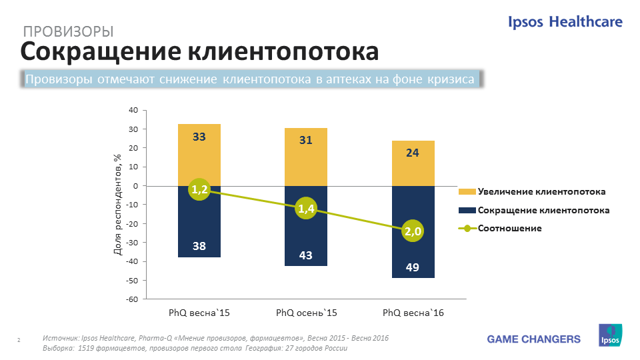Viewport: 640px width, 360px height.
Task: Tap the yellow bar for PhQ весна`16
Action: pos(413,163)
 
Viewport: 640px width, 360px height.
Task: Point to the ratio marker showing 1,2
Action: pos(199,190)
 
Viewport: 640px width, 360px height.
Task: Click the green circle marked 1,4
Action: pos(306,209)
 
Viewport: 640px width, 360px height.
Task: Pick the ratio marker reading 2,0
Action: pos(413,231)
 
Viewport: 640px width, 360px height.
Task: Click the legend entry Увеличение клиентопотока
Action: pos(541,192)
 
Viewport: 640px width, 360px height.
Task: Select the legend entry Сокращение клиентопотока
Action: pos(543,210)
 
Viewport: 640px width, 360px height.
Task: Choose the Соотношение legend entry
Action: pos(509,228)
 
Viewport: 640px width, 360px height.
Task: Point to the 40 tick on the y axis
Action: pos(133,110)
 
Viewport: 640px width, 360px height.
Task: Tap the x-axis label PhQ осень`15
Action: pos(306,313)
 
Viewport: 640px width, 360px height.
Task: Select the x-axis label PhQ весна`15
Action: pos(199,313)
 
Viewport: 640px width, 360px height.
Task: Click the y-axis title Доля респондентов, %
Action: pos(117,204)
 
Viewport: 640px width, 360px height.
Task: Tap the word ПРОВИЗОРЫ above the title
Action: pos(68,31)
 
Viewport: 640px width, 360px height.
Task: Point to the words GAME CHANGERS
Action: pos(533,339)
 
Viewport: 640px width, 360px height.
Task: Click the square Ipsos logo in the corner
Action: pos(610,335)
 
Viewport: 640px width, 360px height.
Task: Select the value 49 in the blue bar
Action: pos(413,268)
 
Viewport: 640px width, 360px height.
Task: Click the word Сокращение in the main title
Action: pos(98,52)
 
